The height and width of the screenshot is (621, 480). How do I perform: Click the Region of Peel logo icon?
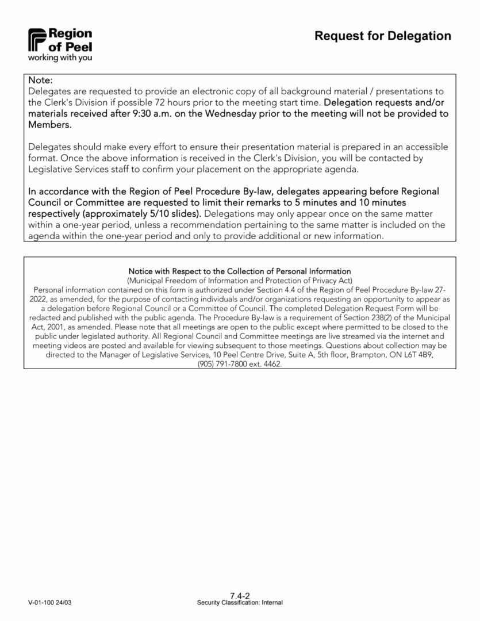tap(38, 39)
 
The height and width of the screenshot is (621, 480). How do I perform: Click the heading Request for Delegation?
tap(383, 36)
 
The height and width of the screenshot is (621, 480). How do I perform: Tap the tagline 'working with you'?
tap(60, 57)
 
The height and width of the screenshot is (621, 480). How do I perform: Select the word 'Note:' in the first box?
tap(40, 80)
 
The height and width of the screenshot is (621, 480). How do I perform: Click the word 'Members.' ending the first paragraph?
tap(50, 125)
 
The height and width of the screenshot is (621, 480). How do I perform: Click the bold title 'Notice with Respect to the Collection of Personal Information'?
tap(240, 271)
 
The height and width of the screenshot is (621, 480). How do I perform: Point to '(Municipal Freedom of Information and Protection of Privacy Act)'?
tap(240, 279)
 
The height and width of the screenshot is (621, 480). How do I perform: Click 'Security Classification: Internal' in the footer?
tap(240, 603)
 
